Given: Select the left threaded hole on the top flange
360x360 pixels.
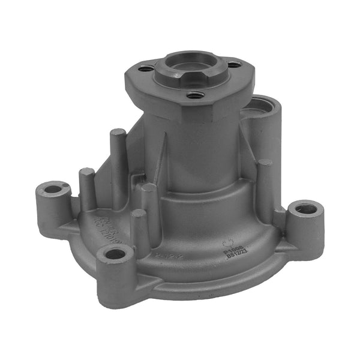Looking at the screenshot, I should (x=146, y=69).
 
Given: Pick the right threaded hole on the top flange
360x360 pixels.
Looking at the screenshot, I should (x=234, y=64).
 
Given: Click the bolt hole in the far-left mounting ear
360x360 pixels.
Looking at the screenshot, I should (x=54, y=189).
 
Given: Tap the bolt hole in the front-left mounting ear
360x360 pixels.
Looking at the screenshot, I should (x=115, y=254).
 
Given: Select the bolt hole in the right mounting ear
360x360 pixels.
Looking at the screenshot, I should (x=306, y=209).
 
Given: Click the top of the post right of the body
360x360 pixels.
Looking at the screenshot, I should (x=264, y=163).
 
